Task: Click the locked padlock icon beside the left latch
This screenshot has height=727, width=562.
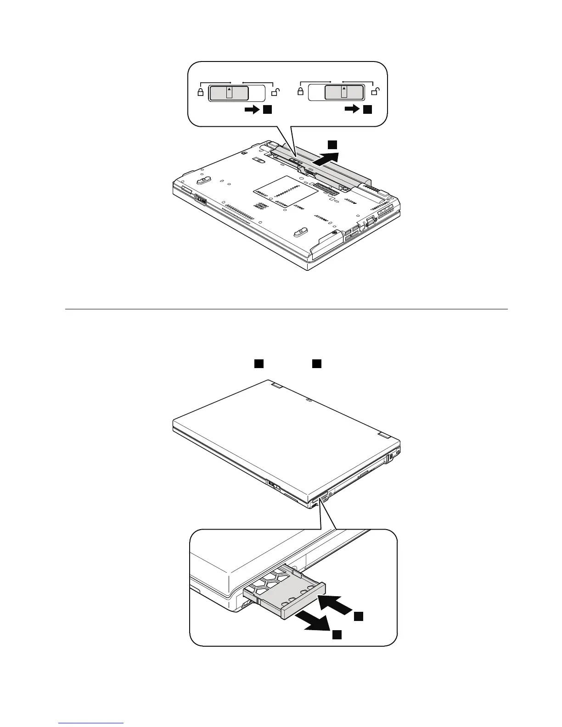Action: click(x=200, y=92)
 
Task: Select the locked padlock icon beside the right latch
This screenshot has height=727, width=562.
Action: click(x=300, y=92)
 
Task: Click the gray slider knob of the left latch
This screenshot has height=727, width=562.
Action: click(x=229, y=93)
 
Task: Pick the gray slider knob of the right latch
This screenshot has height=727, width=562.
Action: click(x=344, y=93)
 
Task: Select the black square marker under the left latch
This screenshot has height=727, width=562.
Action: click(x=268, y=110)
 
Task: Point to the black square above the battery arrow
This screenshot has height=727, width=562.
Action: click(x=332, y=145)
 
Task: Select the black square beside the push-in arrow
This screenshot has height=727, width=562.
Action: click(x=359, y=617)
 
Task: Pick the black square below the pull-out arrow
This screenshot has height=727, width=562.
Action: click(x=337, y=634)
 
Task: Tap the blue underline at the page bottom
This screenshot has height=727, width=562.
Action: click(x=91, y=724)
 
